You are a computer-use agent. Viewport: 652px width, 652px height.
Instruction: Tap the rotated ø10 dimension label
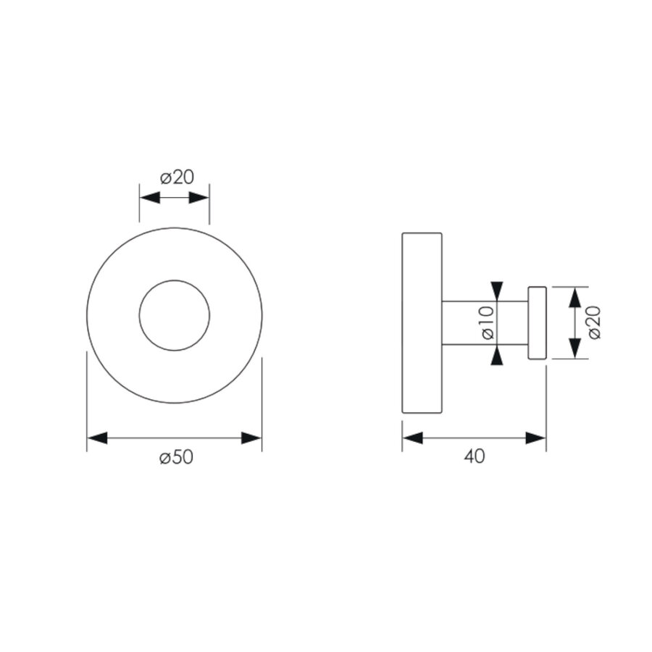tap(486, 322)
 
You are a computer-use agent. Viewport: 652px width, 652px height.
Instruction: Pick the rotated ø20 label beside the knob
tap(594, 322)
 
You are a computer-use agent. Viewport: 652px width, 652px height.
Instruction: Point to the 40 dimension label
tap(475, 457)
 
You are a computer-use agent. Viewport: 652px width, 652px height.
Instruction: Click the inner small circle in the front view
tap(175, 315)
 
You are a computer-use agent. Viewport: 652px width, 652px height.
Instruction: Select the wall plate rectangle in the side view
tap(422, 322)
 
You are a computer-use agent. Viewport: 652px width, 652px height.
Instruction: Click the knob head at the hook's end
tap(537, 322)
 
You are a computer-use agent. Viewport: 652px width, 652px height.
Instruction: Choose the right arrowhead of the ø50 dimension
tap(251, 438)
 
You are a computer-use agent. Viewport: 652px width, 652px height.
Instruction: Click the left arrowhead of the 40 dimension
tap(412, 438)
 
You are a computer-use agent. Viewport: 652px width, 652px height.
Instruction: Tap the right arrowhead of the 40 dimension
tap(536, 438)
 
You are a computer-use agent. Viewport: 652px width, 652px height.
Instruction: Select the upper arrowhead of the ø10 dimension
tap(496, 291)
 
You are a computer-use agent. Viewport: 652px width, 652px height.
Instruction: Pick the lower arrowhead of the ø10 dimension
tap(496, 355)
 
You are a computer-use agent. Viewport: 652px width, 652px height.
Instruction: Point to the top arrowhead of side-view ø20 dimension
tap(574, 297)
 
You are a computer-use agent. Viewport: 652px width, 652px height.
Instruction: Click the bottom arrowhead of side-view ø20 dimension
tap(574, 348)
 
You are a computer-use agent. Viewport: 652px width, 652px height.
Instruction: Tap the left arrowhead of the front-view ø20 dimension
tap(149, 198)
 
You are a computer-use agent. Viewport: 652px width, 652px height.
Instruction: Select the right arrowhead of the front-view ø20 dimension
tap(199, 198)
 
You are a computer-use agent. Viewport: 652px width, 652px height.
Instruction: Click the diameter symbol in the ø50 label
tap(165, 459)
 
